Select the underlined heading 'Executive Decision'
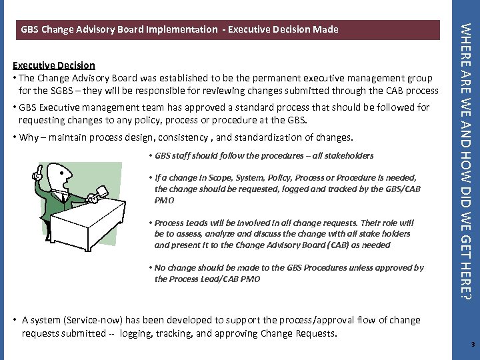point(54,65)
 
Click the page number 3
point(472,345)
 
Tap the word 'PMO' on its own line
point(164,199)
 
